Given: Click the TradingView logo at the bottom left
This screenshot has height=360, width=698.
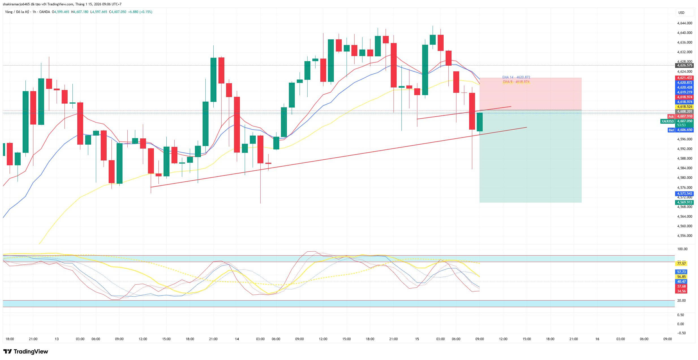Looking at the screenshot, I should [26, 352].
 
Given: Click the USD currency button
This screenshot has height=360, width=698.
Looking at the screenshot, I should [681, 12].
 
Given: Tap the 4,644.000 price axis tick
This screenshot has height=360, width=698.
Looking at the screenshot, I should [685, 23].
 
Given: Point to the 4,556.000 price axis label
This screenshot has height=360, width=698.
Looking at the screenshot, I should [685, 236].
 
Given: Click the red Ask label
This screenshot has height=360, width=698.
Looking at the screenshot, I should [671, 116].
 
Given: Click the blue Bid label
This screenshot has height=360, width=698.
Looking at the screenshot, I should [671, 130].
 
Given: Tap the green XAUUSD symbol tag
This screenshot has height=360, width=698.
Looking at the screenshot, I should [667, 121].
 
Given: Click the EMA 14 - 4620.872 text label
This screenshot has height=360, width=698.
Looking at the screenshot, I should [516, 77].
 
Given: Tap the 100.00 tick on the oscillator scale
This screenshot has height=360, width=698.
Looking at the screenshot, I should [682, 249].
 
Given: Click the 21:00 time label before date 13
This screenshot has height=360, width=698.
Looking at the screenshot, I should [33, 339].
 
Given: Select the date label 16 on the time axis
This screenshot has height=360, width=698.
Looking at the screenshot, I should [597, 339].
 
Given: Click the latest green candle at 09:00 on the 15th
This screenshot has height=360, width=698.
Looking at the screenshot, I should [480, 122].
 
